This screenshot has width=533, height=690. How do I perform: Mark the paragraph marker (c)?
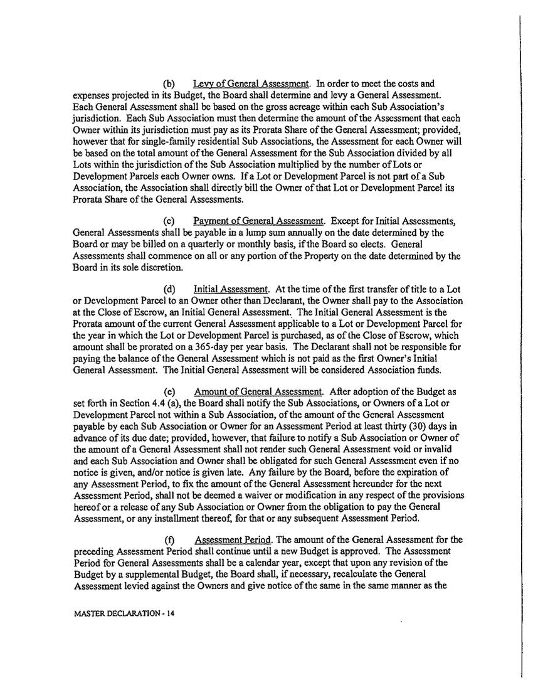[x=169, y=221]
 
